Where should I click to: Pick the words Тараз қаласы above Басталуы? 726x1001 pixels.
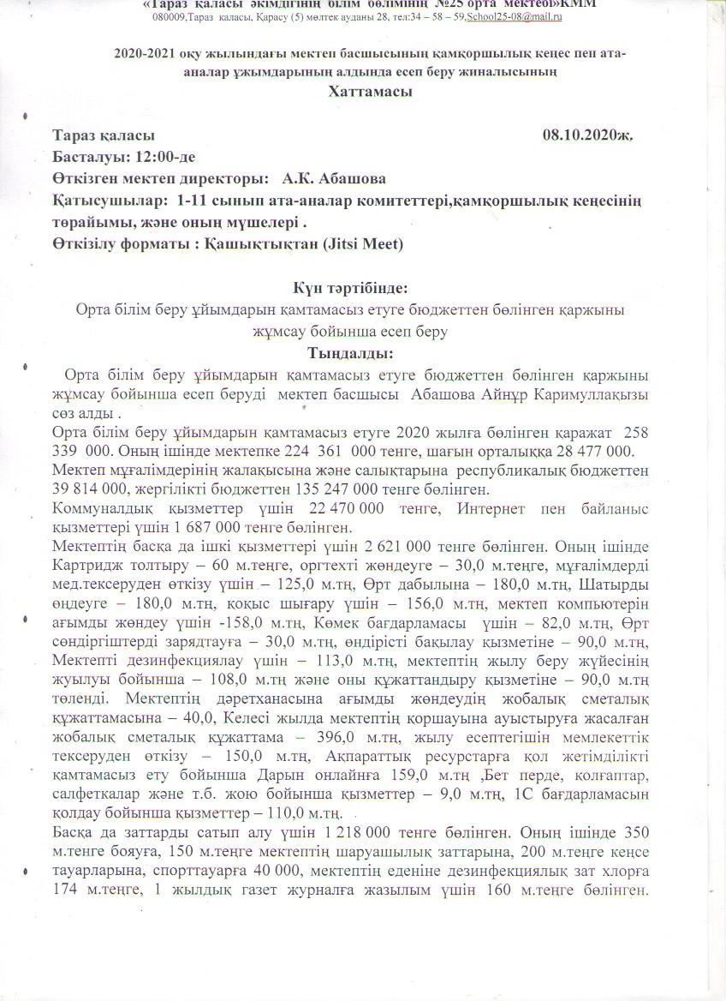pos(104,135)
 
